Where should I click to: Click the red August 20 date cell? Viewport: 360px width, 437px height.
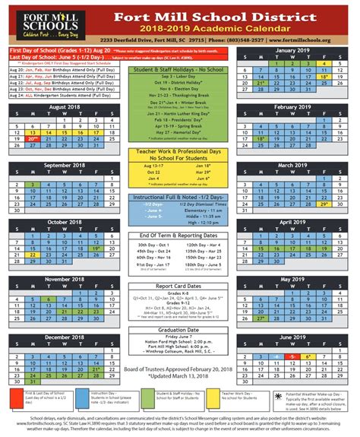(32, 139)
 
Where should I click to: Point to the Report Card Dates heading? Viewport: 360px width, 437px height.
(180, 286)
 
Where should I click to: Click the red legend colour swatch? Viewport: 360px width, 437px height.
(16, 394)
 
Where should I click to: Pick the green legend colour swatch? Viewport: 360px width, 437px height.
(147, 394)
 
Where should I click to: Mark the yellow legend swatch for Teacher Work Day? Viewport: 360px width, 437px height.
(213, 394)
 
